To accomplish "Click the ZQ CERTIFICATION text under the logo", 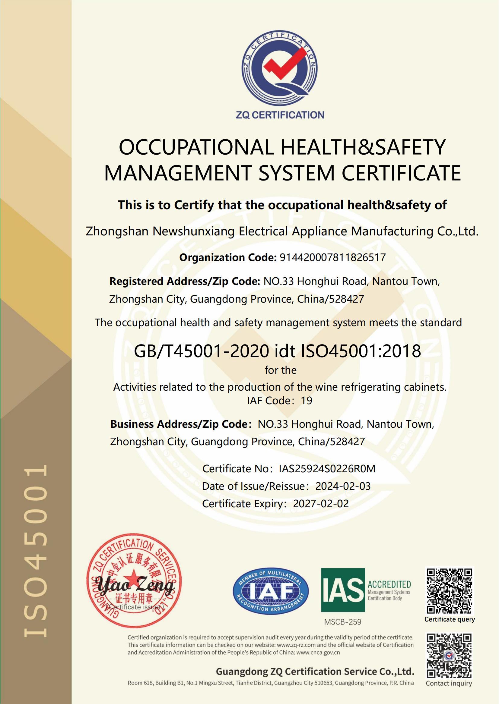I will pos(280,115).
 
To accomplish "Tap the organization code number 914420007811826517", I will pos(332,257).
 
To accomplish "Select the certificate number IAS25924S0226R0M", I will pos(327,469).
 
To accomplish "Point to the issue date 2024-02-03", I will pos(343,486).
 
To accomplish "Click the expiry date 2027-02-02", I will pos(321,504).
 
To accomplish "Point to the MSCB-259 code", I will pos(343,622).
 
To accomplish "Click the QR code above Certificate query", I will pos(450,591).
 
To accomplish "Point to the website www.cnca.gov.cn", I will pos(318,653).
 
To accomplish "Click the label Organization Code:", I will pos(228,257).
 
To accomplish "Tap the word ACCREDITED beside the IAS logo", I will pos(389,584).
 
